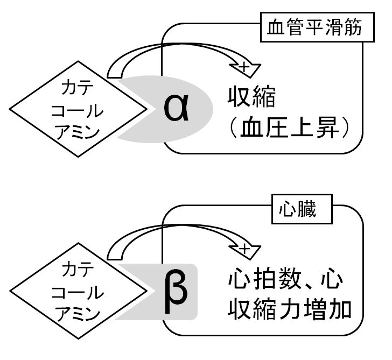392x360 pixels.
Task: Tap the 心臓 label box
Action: pyautogui.click(x=298, y=209)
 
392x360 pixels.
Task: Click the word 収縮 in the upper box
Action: pyautogui.click(x=251, y=99)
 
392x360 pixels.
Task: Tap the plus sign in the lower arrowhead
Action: pyautogui.click(x=245, y=249)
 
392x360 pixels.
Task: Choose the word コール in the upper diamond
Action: pyautogui.click(x=74, y=110)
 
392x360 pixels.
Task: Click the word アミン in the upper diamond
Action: pyautogui.click(x=74, y=132)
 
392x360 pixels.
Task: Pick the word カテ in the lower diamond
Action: pyautogui.click(x=74, y=269)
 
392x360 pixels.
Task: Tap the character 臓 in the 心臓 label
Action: pyautogui.click(x=310, y=209)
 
